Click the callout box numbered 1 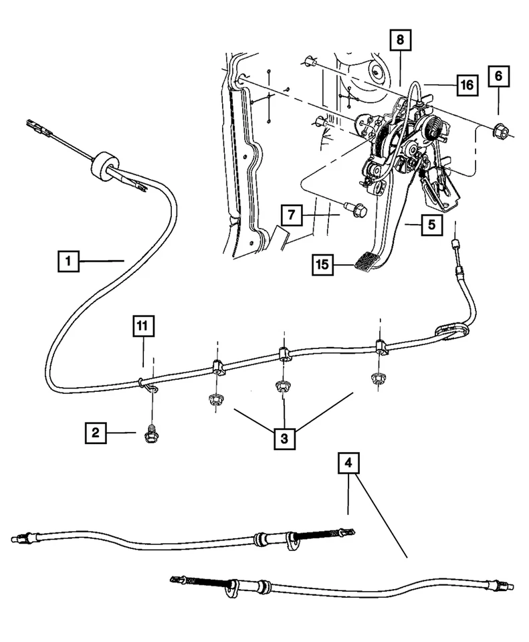coord(68,261)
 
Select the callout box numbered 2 coord(96,433)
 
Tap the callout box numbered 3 coord(284,439)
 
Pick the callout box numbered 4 coord(348,463)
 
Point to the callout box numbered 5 coord(432,225)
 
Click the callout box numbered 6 coord(498,76)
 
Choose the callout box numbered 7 coord(292,215)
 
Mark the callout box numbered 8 coord(400,39)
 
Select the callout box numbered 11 coord(143,326)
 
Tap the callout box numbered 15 coord(322,265)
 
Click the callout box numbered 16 coord(467,85)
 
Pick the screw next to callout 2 coord(150,435)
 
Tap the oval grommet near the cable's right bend coord(451,331)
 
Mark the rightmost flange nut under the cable coord(377,379)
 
